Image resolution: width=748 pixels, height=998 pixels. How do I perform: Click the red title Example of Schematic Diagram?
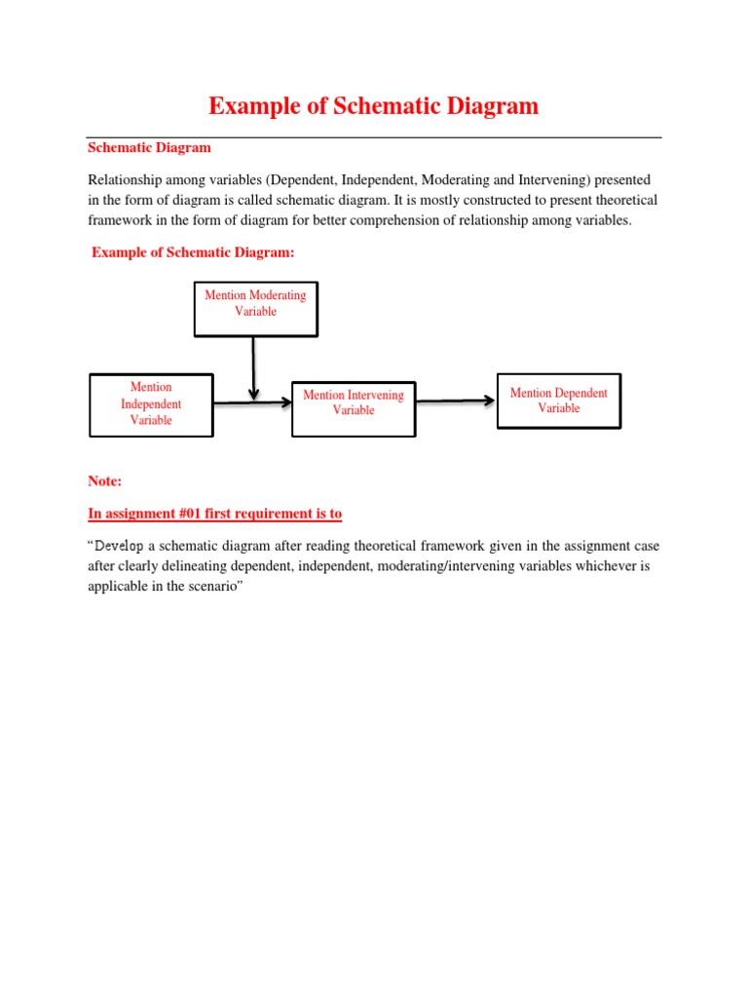coord(374,106)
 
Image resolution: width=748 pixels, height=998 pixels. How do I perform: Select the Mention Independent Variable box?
coord(151,403)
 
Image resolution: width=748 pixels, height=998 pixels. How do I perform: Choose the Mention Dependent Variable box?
coord(558,401)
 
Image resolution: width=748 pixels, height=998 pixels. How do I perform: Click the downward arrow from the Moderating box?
coord(253,368)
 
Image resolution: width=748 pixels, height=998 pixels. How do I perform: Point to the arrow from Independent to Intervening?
coord(251,402)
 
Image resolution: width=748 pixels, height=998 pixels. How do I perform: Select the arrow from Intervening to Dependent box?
coord(456,400)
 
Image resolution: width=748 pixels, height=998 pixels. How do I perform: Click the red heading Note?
coord(105,481)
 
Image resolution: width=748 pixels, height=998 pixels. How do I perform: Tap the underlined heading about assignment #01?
coord(215,514)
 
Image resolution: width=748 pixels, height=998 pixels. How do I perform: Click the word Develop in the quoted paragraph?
coord(120,546)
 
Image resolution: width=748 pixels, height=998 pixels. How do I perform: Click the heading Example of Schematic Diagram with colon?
coord(192,252)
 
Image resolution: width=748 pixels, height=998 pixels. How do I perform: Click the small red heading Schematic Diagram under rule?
coord(149,148)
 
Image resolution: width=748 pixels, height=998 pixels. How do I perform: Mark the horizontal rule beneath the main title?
coord(374,137)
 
